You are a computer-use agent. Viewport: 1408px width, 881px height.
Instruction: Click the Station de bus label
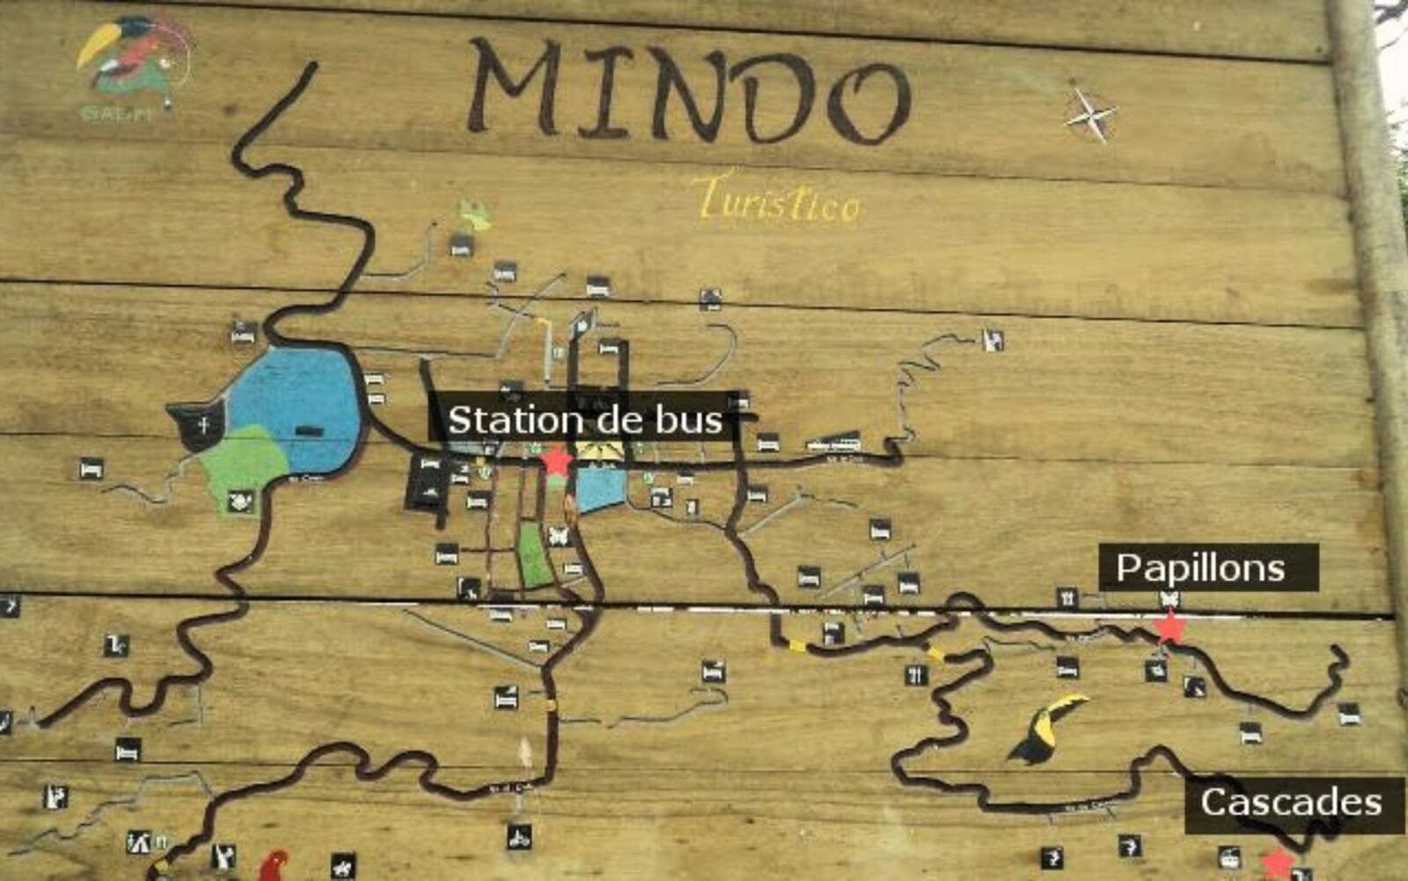coord(584,420)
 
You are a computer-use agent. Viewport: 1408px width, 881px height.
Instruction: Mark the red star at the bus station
coord(556,460)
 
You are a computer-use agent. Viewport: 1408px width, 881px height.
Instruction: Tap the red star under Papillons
coord(1169,628)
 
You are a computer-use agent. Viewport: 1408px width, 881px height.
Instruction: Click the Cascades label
coord(1291,803)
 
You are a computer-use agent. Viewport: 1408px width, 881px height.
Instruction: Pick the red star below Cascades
coord(1277,864)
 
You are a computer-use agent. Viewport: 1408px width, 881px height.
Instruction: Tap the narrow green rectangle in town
coord(534,556)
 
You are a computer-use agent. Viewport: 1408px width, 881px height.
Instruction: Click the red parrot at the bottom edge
coord(275,866)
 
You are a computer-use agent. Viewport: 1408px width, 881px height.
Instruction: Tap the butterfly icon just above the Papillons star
coord(1170,599)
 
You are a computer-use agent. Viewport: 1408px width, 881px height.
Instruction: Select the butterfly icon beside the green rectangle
coord(558,535)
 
